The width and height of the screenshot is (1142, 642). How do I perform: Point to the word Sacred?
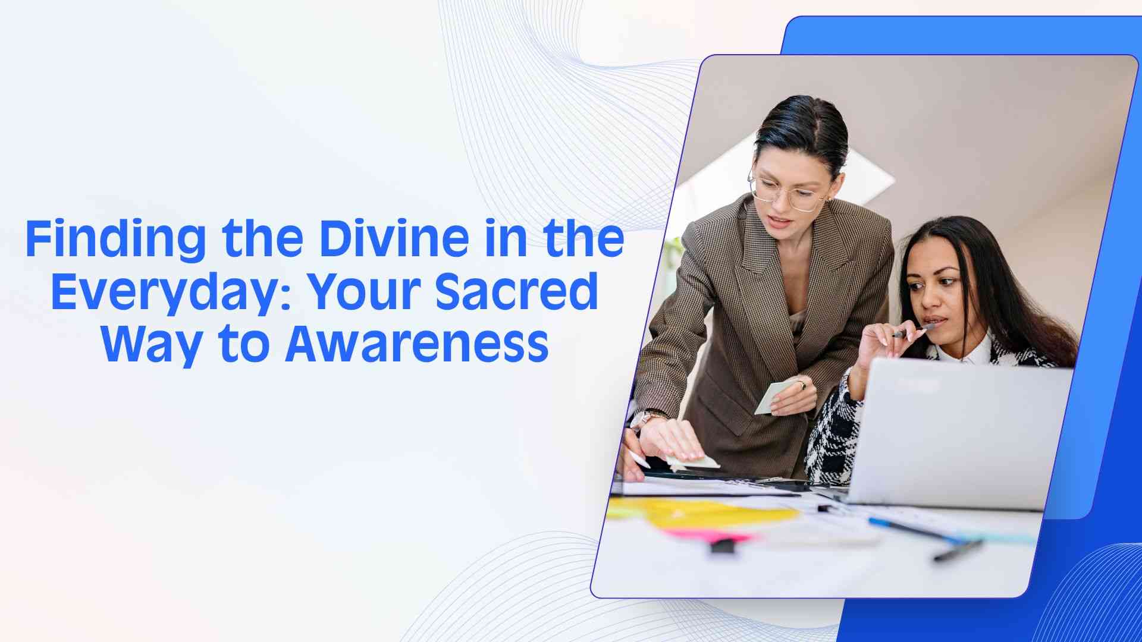coord(517,291)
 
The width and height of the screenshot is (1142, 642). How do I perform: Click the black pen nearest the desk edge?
coord(958,550)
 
